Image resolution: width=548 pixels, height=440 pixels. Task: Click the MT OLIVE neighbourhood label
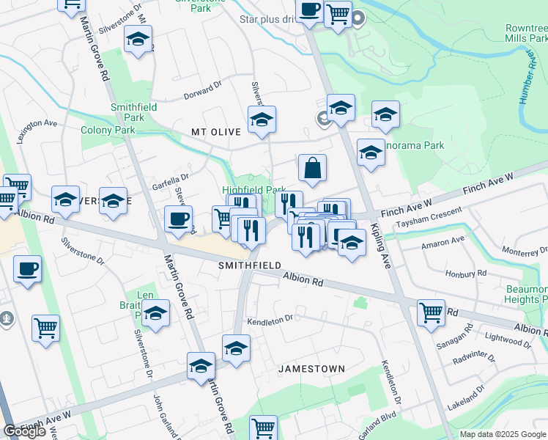click(x=216, y=132)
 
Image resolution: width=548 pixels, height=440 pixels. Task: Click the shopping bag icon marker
click(x=313, y=168)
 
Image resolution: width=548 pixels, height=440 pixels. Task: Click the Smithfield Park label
click(x=133, y=111)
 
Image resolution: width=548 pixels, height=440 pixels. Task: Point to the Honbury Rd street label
click(x=466, y=274)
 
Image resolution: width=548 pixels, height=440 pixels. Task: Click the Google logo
click(x=24, y=431)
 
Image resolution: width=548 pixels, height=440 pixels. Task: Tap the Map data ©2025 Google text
click(x=503, y=434)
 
